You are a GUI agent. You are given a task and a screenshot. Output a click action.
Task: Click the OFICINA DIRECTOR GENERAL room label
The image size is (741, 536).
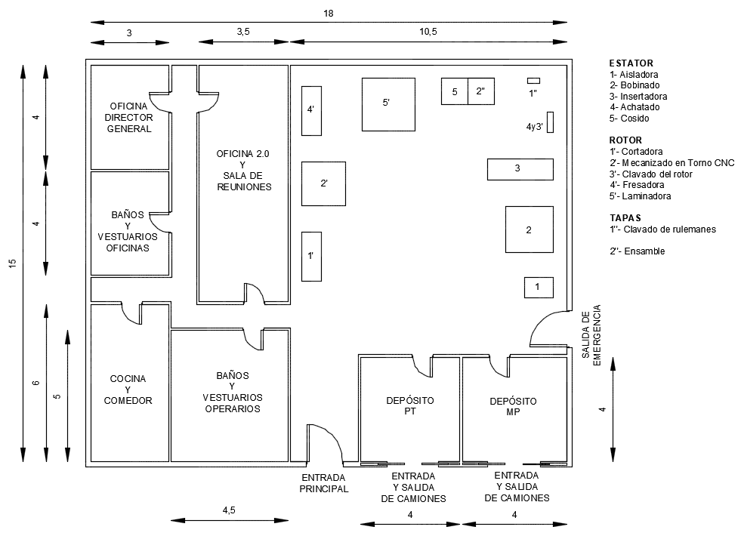pos(129,118)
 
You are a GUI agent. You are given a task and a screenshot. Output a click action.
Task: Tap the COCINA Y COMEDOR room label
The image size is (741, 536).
pos(128,390)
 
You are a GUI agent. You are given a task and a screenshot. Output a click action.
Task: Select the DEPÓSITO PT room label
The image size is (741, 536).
pos(410,405)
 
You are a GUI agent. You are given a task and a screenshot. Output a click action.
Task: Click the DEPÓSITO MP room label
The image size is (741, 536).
pos(513,406)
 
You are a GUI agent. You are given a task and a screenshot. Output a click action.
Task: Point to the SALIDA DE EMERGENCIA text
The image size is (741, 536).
pos(591,335)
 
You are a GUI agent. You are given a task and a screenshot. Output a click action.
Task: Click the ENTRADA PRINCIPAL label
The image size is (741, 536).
pos(324,483)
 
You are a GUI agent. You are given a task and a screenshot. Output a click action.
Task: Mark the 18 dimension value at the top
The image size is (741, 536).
pos(329,14)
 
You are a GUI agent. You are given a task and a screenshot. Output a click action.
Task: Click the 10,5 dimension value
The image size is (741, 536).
pos(428,32)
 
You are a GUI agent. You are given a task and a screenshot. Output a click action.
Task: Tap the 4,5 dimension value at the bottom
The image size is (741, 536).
pos(229,510)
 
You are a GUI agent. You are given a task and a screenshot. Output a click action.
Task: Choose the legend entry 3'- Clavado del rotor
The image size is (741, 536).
pos(651,174)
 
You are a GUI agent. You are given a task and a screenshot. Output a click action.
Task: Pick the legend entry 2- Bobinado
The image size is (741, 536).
pos(634,85)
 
